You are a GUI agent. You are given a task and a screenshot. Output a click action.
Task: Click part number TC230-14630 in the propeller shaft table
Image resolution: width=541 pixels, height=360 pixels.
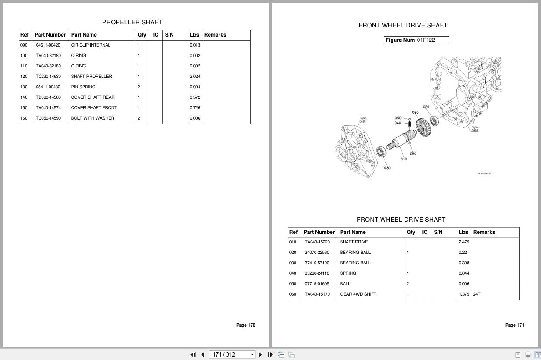[48, 77]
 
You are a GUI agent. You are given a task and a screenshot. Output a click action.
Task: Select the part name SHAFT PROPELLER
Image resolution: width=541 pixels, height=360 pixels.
[91, 77]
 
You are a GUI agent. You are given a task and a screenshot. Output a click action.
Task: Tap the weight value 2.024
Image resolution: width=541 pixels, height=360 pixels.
[195, 77]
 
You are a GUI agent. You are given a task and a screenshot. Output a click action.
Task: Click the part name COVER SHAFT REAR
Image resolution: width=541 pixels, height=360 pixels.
[93, 97]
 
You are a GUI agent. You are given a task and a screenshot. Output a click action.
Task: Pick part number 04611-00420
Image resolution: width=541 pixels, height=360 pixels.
[48, 45]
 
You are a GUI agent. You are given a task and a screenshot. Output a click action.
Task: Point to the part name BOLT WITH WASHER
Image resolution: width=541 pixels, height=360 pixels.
[93, 118]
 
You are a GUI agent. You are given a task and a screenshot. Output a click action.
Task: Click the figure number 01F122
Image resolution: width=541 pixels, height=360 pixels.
[425, 40]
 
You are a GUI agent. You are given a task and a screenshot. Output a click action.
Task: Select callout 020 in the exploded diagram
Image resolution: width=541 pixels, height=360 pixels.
[426, 107]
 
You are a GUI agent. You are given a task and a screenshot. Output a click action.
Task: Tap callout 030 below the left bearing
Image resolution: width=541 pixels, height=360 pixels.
[387, 168]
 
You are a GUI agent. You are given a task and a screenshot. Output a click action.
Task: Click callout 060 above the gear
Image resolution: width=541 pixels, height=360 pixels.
[415, 113]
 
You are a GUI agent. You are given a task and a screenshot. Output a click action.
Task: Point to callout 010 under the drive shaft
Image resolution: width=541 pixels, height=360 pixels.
[404, 159]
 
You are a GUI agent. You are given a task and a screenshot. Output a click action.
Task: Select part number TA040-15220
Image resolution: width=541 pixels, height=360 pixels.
[317, 242]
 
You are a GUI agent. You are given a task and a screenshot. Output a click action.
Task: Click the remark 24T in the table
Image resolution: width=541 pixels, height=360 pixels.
[477, 294]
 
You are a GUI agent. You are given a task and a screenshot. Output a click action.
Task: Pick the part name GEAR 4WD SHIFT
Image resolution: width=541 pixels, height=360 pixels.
[358, 294]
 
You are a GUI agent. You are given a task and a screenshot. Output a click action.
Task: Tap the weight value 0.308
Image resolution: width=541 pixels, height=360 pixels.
[464, 263]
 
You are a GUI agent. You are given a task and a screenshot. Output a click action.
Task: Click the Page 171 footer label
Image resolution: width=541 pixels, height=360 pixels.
[514, 325]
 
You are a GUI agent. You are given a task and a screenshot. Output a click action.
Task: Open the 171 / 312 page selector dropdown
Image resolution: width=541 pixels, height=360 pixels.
[252, 355]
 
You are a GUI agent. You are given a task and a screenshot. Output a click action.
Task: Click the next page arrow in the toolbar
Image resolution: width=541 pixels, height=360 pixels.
[260, 355]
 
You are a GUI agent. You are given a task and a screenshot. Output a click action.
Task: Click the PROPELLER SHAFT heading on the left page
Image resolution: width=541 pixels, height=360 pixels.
[132, 22]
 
